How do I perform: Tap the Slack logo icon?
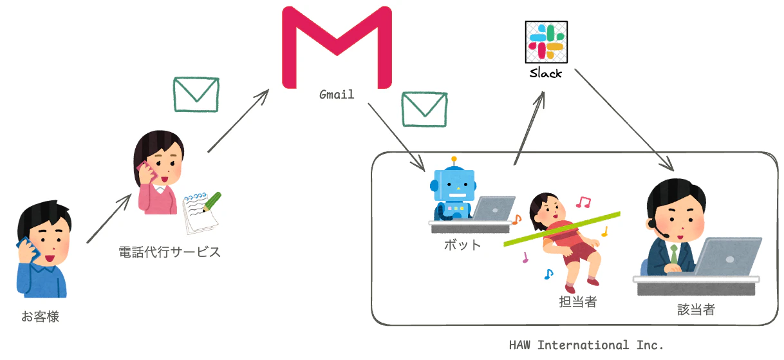click(546, 42)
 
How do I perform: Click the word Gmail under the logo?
click(337, 95)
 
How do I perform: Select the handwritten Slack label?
click(546, 73)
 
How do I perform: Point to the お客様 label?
click(41, 316)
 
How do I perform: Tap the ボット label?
click(462, 245)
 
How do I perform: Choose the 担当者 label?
click(578, 301)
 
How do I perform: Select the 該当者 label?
click(696, 309)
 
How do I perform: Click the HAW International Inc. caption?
click(586, 345)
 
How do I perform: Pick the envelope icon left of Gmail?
click(196, 95)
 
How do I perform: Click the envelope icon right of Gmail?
click(425, 109)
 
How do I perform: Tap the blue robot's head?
click(454, 185)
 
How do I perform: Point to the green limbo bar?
click(562, 229)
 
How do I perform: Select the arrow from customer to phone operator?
click(109, 218)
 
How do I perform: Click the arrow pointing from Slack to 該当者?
click(624, 120)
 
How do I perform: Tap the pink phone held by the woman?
click(146, 171)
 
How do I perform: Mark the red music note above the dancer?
click(583, 202)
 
